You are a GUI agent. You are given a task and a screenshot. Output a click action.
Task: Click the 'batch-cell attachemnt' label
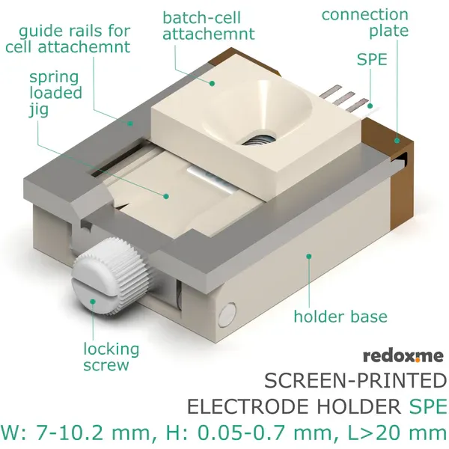tap(208, 25)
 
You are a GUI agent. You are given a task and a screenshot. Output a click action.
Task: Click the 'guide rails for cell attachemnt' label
tap(67, 39)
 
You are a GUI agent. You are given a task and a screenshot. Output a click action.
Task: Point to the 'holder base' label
tap(340, 316)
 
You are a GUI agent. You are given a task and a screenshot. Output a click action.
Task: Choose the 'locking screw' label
tap(111, 357)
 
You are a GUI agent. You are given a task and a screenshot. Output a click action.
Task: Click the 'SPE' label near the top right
tap(372, 60)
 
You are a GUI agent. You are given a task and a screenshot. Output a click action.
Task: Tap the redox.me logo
tap(403, 355)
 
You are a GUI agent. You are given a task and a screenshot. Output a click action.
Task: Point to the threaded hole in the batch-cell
tap(259, 136)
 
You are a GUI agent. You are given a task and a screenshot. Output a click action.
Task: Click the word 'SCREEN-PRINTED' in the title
tap(355, 382)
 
